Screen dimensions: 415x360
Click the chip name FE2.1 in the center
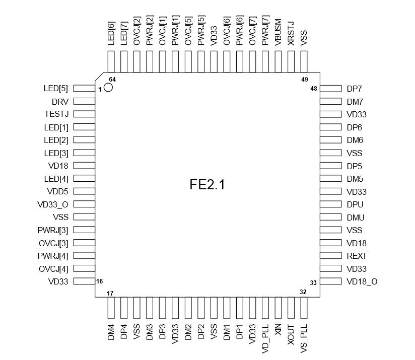207,184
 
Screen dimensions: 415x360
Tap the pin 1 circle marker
108,87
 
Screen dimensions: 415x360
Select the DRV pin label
60,102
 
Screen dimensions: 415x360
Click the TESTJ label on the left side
56,114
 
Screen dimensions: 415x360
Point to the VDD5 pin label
57,191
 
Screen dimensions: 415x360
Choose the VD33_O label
53,204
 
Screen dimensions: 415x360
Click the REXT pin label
357,256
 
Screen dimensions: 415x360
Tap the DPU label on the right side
355,204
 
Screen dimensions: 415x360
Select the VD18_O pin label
362,281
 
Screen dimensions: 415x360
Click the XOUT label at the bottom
291,335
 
